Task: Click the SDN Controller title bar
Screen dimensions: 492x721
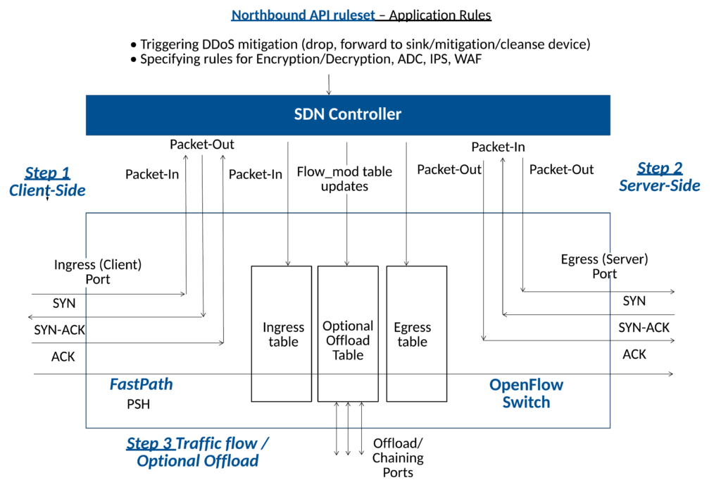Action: pyautogui.click(x=347, y=114)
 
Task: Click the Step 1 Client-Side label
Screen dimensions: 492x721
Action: pyautogui.click(x=47, y=181)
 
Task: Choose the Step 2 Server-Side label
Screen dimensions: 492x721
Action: pyautogui.click(x=659, y=176)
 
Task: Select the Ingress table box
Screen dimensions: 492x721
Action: pyautogui.click(x=282, y=334)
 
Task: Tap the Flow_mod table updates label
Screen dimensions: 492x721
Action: pyautogui.click(x=344, y=179)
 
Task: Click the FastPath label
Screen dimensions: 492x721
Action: pyautogui.click(x=141, y=384)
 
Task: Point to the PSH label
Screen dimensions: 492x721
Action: pyautogui.click(x=138, y=405)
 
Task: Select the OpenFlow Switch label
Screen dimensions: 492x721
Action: pyautogui.click(x=526, y=393)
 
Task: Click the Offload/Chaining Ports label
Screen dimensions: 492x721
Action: pyautogui.click(x=398, y=457)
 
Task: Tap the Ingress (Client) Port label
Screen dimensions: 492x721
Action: pyautogui.click(x=98, y=271)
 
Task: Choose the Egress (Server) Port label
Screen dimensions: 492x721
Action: pyautogui.click(x=604, y=266)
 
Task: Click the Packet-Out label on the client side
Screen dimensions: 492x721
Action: pyautogui.click(x=202, y=144)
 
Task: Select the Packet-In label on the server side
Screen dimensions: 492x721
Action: pyautogui.click(x=498, y=147)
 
